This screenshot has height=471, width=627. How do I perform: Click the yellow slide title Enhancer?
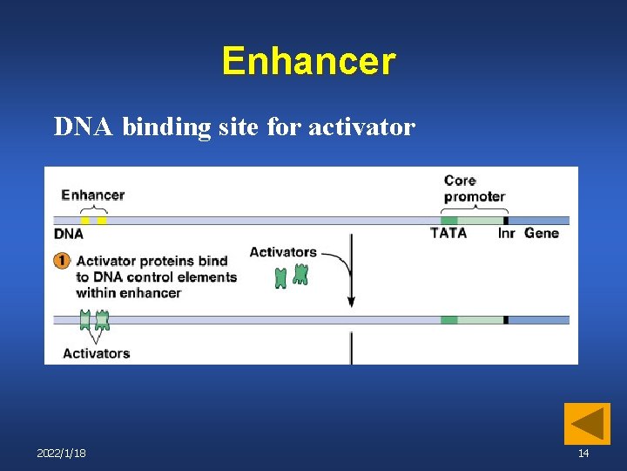[x=308, y=62]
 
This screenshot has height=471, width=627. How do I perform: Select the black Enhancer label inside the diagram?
[x=92, y=195]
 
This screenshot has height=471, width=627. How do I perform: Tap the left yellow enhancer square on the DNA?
[x=85, y=220]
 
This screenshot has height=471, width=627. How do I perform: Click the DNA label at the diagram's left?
[x=69, y=234]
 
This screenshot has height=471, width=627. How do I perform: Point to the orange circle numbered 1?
[x=62, y=261]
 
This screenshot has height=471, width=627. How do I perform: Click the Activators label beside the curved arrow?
[x=283, y=252]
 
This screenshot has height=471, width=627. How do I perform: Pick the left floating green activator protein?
[x=280, y=278]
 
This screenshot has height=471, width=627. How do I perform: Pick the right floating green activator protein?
[x=300, y=274]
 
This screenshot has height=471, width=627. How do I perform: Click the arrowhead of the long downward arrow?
[x=351, y=301]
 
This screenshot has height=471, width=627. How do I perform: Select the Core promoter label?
[x=474, y=188]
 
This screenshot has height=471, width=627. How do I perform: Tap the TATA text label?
[x=448, y=233]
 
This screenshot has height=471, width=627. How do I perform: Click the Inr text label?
[x=506, y=233]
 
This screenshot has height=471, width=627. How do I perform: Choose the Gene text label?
[x=542, y=233]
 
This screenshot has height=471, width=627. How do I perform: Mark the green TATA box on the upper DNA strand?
[x=448, y=220]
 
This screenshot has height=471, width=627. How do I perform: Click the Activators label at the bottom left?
[x=96, y=353]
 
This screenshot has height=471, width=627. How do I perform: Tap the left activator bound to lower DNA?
[x=84, y=319]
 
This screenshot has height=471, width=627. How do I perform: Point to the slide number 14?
[x=583, y=454]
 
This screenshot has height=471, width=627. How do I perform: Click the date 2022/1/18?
[x=61, y=454]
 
